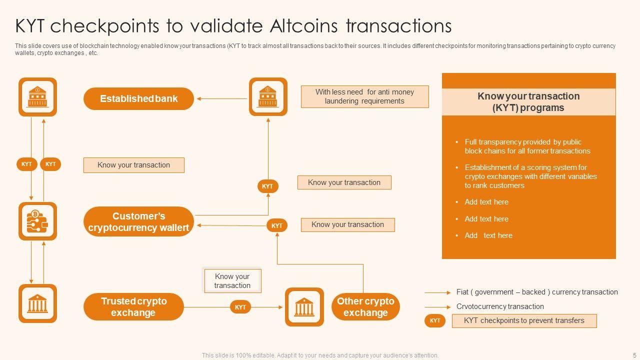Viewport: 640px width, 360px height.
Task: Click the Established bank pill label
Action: [138, 98]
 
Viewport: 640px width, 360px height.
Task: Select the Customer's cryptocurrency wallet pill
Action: [138, 221]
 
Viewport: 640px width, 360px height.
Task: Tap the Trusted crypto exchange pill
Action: [133, 307]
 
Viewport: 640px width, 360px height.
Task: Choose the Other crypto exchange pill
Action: [365, 307]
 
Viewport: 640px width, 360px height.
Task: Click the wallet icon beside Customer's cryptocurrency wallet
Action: [37, 221]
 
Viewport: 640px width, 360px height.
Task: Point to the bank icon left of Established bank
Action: [37, 97]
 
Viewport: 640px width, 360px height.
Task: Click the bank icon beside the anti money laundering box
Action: [268, 97]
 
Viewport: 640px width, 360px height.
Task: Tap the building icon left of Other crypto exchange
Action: [304, 307]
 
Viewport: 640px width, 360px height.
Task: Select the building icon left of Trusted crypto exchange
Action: [37, 303]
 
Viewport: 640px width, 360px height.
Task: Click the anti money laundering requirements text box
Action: [364, 96]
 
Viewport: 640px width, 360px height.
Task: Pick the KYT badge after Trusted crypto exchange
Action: [240, 307]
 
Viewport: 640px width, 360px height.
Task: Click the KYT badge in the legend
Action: [435, 321]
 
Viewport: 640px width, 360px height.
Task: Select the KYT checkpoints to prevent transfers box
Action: [524, 321]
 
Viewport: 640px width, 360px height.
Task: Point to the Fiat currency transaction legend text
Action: [537, 292]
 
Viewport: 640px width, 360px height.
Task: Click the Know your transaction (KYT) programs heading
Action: [528, 102]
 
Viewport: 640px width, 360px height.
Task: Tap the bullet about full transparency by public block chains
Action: [527, 146]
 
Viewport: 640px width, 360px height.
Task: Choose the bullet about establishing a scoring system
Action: [530, 176]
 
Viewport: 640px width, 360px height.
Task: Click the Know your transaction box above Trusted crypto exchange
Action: [232, 281]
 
